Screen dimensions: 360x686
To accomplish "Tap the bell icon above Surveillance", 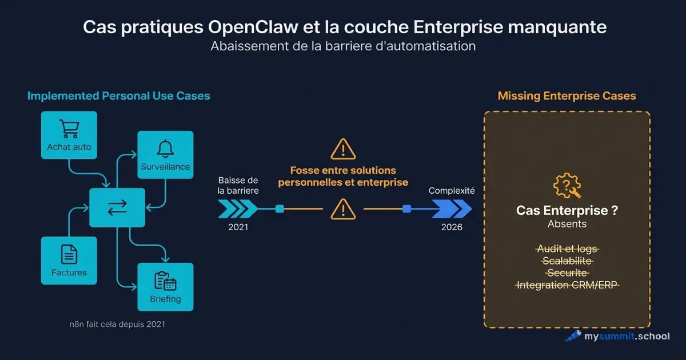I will click(165, 148).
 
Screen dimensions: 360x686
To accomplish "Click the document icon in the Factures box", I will click(69, 254).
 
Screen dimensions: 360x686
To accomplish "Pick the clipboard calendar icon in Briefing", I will click(165, 281).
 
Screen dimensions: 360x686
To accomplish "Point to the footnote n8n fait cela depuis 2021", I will click(117, 324).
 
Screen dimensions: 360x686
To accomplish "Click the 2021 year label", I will click(237, 227).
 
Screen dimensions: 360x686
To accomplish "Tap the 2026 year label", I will click(452, 227).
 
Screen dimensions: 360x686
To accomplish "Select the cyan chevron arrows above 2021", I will click(234, 209).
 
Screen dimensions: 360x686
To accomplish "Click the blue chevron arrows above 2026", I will click(451, 209).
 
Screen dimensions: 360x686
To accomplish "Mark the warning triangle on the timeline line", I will click(342, 209).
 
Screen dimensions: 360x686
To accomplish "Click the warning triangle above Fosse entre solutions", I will click(342, 150).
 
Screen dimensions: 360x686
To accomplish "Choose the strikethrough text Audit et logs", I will click(567, 249).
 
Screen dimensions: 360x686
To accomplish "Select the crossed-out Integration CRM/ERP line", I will click(567, 285).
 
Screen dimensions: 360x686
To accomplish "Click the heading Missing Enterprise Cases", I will click(567, 96).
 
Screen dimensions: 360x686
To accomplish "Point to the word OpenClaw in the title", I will click(242, 27).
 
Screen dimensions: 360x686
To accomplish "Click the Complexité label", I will click(452, 191).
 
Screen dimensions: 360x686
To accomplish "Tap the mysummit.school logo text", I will click(626, 336).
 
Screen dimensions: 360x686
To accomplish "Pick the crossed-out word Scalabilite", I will click(567, 261).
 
